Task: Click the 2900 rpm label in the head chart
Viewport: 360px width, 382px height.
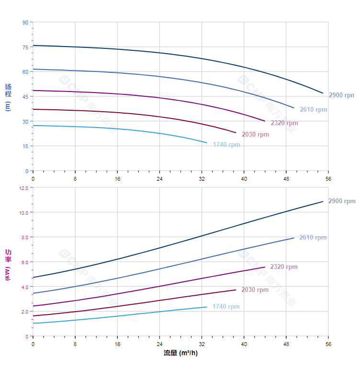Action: (x=342, y=95)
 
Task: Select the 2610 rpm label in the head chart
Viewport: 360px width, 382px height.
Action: (x=314, y=109)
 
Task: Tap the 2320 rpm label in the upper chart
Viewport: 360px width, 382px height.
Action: (x=284, y=123)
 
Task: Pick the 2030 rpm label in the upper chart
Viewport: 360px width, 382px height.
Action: (x=255, y=134)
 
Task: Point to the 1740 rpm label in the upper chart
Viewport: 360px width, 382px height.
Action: (x=226, y=145)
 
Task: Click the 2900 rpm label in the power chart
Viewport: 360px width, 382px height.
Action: (x=342, y=201)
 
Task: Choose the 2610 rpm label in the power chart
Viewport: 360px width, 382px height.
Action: (x=313, y=237)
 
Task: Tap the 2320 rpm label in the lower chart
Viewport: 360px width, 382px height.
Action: (x=284, y=266)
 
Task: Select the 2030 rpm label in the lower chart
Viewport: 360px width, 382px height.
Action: (x=255, y=289)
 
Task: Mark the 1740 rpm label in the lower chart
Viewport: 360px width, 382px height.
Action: (x=226, y=306)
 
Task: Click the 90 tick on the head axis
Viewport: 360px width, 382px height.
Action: (x=25, y=22)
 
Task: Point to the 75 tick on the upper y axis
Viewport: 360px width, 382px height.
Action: (x=25, y=47)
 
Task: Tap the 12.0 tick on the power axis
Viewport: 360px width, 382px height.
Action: (x=24, y=187)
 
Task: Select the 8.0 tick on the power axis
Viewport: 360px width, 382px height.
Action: (x=25, y=237)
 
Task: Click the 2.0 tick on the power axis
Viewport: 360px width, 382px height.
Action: (x=25, y=311)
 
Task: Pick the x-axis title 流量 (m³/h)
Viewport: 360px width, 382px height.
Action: (x=180, y=353)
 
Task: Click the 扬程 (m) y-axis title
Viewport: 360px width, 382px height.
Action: (x=8, y=97)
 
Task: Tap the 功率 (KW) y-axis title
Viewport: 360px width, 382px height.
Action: (x=8, y=265)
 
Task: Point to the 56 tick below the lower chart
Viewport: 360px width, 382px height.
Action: (x=328, y=344)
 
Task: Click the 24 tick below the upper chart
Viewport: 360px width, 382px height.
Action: (x=159, y=179)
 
